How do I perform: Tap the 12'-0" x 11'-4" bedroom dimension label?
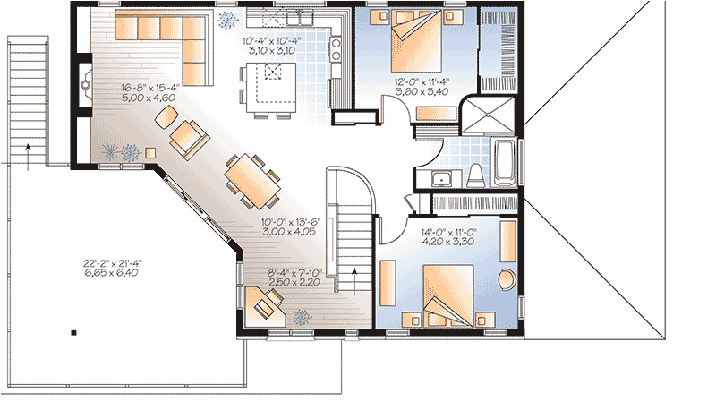[x=421, y=87]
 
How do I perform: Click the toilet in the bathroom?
[x=476, y=171]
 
